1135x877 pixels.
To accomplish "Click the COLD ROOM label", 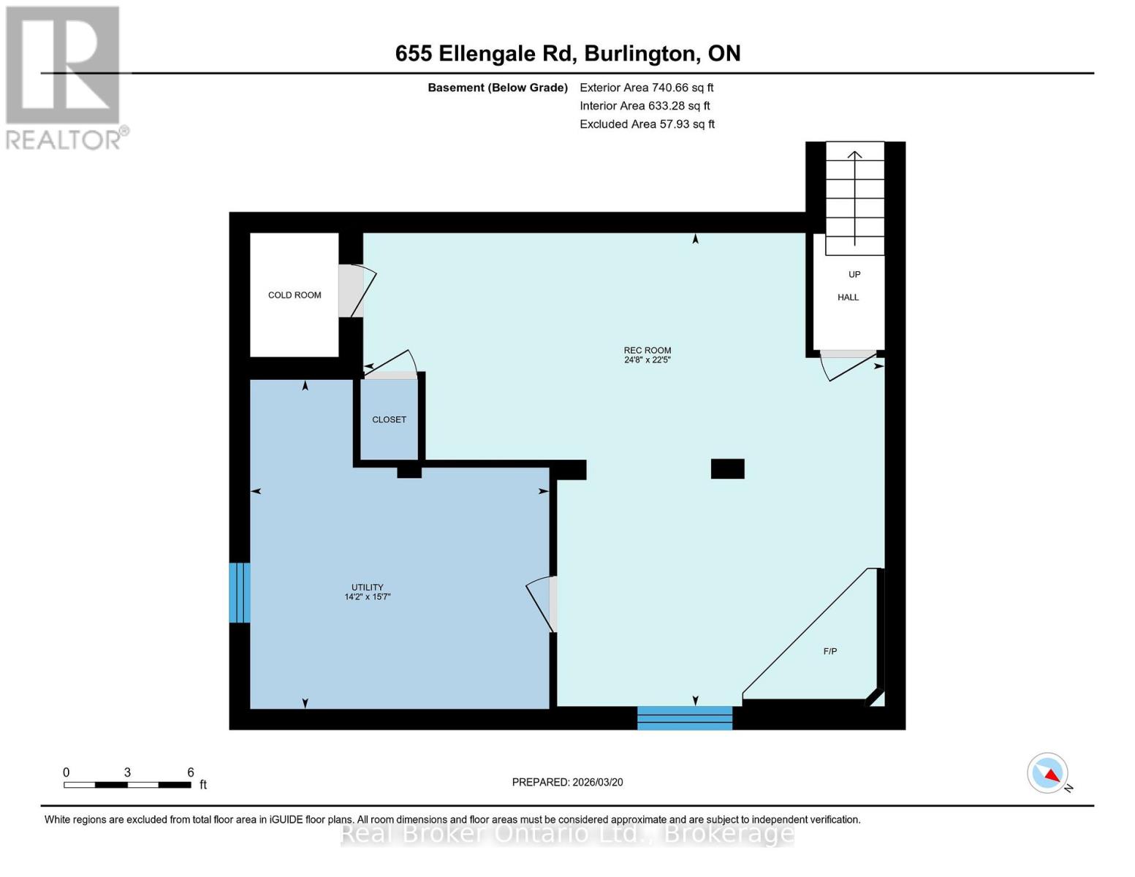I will click(295, 295).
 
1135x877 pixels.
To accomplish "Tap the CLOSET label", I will click(389, 419).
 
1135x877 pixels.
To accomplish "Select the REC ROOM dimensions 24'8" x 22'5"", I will click(647, 360).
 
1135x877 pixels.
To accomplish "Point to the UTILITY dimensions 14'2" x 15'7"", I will click(367, 597).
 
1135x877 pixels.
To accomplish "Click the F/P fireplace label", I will click(830, 651).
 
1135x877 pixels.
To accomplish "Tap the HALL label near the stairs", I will click(848, 297).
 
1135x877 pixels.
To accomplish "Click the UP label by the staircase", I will click(854, 275).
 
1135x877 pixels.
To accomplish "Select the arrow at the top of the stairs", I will click(854, 154).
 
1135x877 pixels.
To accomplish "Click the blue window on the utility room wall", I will click(240, 593).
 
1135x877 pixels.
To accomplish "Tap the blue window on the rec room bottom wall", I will click(685, 718).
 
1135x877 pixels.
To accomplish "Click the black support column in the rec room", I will click(727, 468).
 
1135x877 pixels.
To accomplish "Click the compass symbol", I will click(1048, 773).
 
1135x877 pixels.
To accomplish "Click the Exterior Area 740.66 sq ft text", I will click(646, 88).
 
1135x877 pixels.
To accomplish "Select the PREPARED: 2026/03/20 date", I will click(567, 782).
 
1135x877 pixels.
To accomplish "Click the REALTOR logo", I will click(64, 77).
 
